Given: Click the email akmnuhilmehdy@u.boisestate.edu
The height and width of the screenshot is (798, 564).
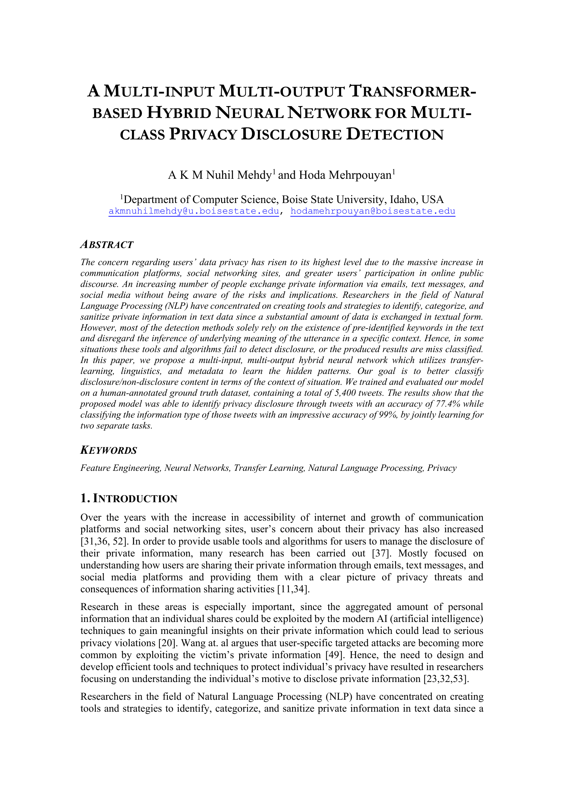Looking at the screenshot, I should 193,211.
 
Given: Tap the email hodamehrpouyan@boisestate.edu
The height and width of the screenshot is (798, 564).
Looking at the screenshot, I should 373,211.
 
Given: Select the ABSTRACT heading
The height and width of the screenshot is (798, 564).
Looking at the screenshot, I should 107,245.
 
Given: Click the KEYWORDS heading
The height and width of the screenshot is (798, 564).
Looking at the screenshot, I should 109,450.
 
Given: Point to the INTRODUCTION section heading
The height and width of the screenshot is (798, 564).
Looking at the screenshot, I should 135,499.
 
